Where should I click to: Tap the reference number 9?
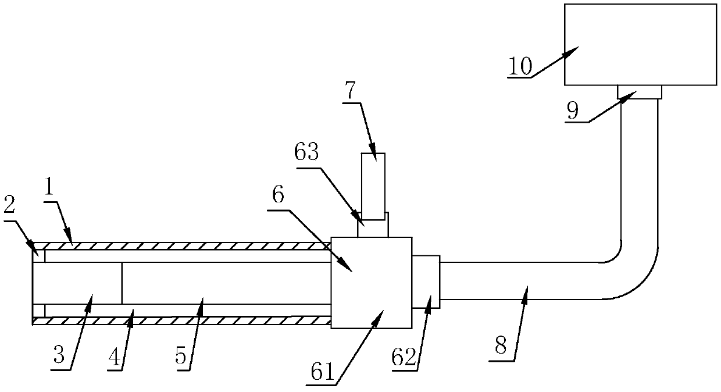point(573,111)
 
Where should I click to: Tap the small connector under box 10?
point(640,91)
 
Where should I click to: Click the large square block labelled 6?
point(371,283)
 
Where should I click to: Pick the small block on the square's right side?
point(426,281)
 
